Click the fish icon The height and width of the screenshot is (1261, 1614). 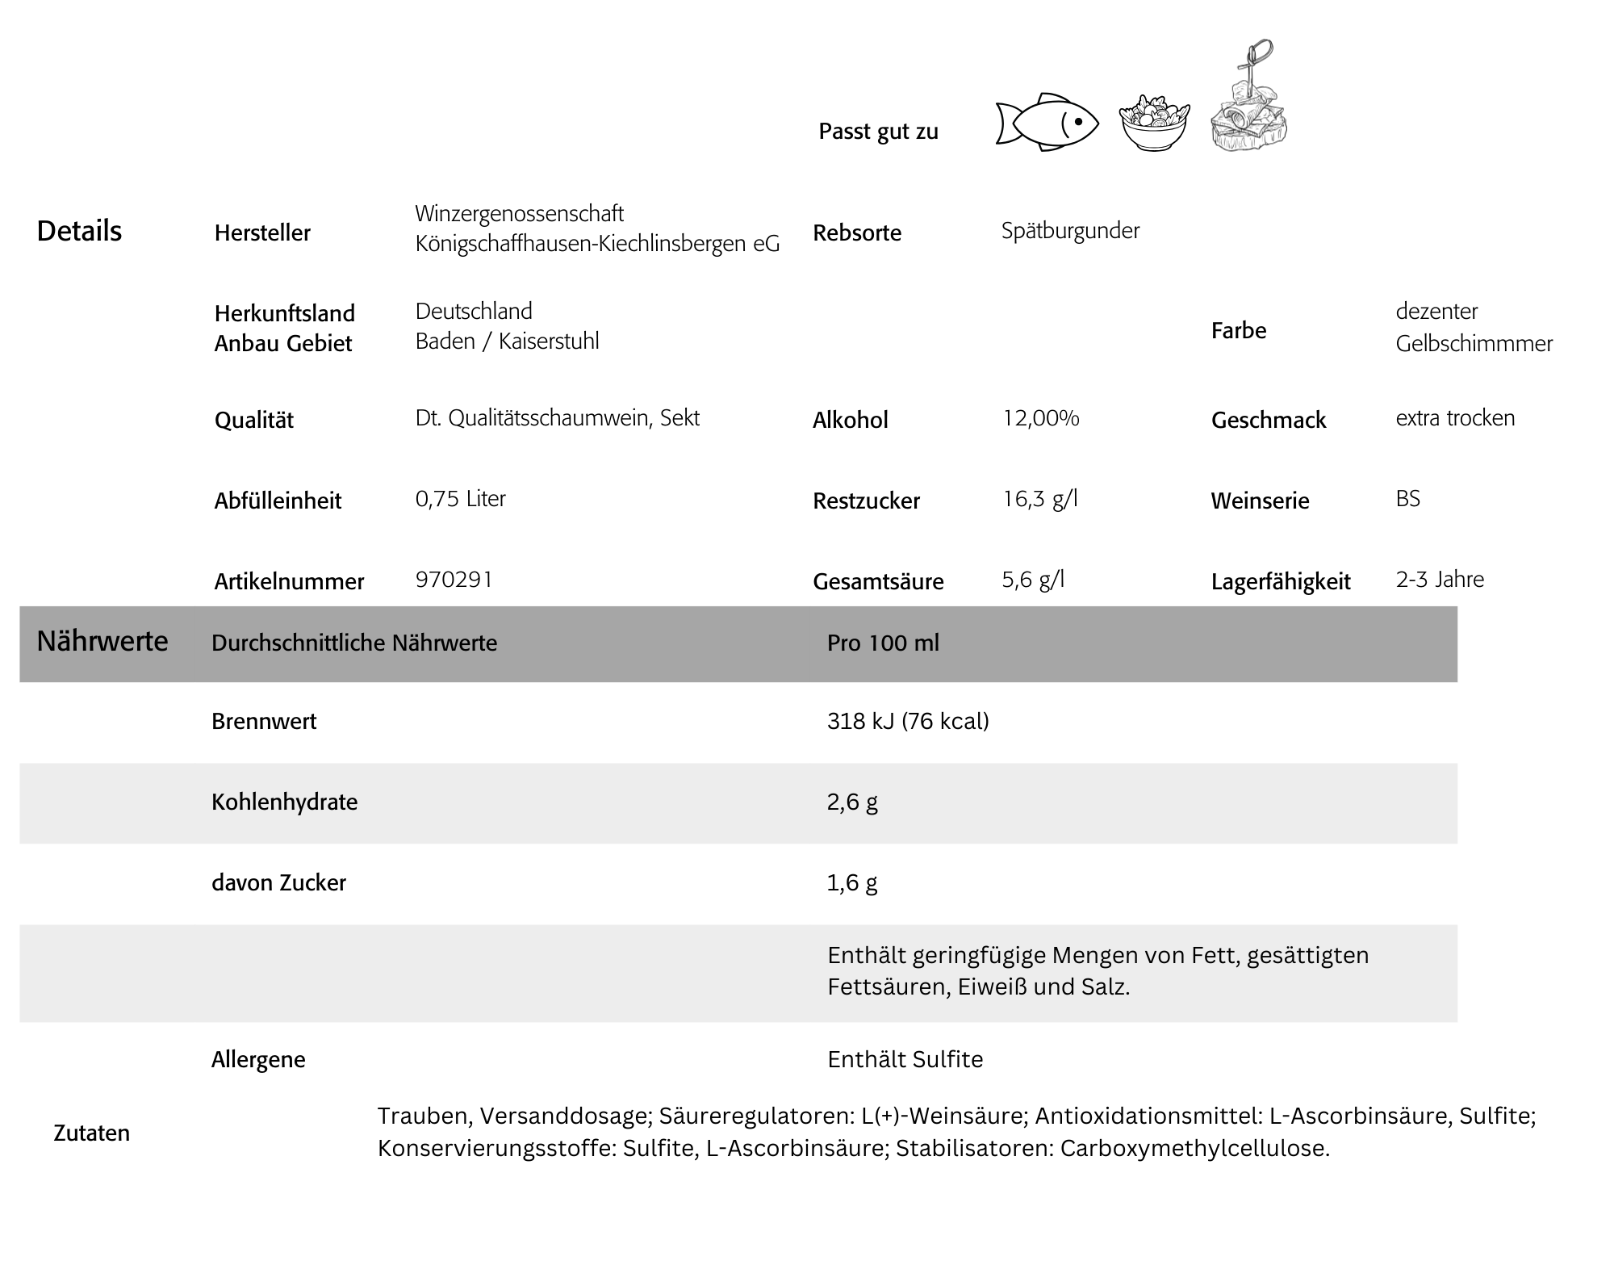1047,123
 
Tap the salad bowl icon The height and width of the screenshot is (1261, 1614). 1154,124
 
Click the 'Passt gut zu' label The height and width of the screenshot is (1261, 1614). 878,132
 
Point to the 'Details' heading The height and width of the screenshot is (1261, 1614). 79,232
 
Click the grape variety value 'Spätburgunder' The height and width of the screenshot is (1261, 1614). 1070,231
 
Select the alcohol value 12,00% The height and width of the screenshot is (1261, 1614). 1040,418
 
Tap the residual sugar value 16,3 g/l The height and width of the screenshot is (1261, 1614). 1039,499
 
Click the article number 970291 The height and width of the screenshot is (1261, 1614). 454,580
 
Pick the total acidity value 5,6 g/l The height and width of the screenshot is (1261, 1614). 1033,580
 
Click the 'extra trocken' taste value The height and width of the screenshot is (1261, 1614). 1455,418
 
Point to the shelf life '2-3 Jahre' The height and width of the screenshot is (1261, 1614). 1440,580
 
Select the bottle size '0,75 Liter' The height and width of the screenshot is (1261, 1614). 460,499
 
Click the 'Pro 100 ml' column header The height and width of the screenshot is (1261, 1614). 883,643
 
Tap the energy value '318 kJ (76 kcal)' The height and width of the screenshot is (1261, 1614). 908,721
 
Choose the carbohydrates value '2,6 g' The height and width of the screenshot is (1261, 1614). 852,802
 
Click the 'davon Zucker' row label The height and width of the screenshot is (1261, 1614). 278,882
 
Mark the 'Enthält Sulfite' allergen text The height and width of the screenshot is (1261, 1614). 905,1059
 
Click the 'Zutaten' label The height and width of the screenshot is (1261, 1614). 91,1133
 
